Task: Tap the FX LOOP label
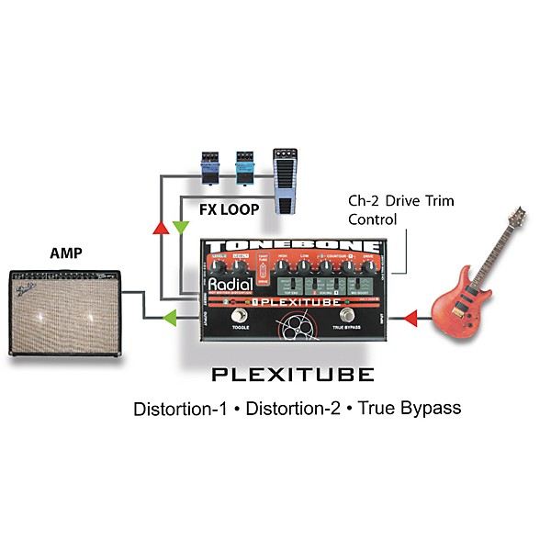(229, 209)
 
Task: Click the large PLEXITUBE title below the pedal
(293, 375)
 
